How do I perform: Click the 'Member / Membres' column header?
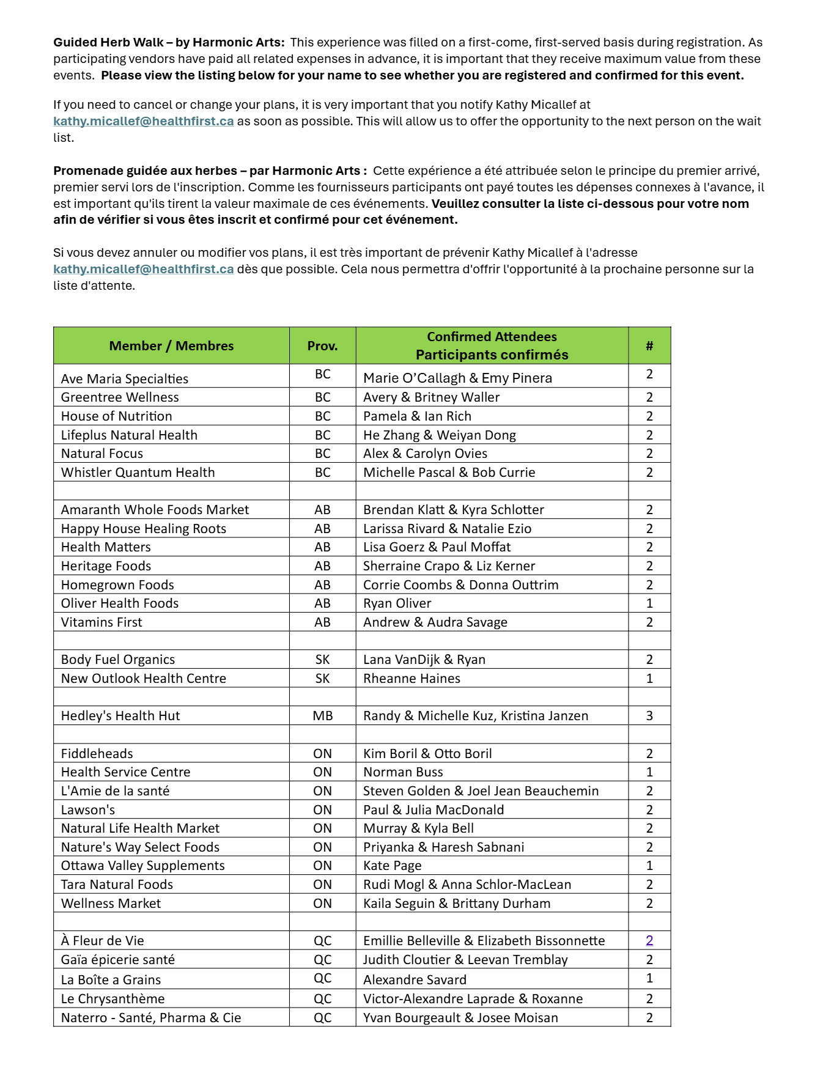click(x=171, y=346)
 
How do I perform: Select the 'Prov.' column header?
click(x=322, y=346)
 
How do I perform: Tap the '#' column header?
click(x=649, y=346)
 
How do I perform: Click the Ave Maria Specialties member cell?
click(x=125, y=378)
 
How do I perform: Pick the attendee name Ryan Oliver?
click(x=397, y=603)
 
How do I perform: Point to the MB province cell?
click(x=322, y=716)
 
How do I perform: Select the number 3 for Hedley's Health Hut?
click(x=649, y=716)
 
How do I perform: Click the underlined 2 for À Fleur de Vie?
click(x=649, y=941)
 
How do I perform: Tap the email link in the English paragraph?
click(x=144, y=121)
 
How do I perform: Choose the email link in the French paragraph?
click(x=144, y=269)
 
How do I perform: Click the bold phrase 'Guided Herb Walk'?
click(x=108, y=42)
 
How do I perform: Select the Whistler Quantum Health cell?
click(x=138, y=473)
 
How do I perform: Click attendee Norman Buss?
click(x=403, y=772)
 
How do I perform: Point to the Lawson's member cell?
click(x=88, y=810)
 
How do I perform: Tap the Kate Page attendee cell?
click(x=393, y=866)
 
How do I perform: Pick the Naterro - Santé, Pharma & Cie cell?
click(x=151, y=1018)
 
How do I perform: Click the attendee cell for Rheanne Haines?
click(x=412, y=679)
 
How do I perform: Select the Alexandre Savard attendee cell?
click(x=415, y=980)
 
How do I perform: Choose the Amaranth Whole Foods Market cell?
click(x=155, y=510)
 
